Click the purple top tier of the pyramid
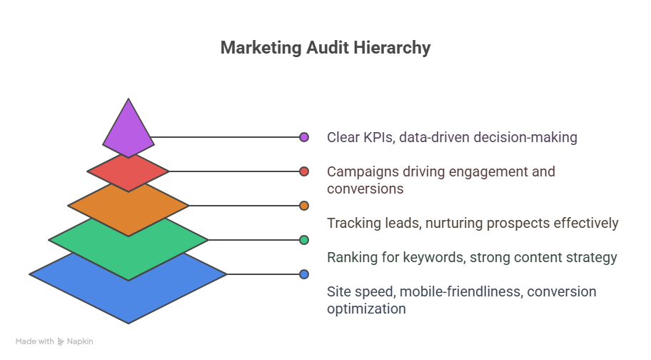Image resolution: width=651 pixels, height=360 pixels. point(128,131)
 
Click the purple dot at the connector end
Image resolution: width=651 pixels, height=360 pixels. point(304,137)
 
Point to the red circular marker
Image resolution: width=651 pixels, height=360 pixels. point(304,171)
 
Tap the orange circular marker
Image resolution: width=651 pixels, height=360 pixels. point(304,206)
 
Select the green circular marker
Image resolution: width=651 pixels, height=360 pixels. point(304,240)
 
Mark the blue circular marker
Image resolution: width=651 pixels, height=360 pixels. point(304,274)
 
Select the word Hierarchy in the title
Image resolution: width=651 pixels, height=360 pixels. point(393,48)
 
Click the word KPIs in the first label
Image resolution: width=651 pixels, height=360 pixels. point(378,137)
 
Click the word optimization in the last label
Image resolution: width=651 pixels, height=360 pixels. point(366,309)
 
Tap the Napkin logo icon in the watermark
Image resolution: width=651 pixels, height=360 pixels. point(61,341)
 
